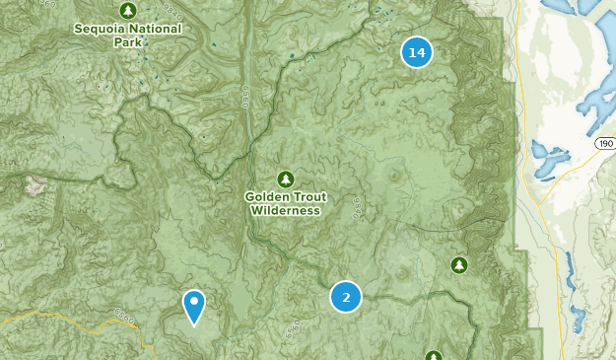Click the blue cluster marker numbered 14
click(x=417, y=52)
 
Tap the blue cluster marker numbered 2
click(x=345, y=296)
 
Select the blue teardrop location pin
click(x=195, y=306)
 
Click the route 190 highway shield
click(x=604, y=144)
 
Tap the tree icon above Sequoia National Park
click(x=128, y=10)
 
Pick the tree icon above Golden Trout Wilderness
click(x=285, y=179)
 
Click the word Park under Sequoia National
click(x=128, y=41)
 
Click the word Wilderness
click(x=285, y=210)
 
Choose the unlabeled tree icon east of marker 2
click(x=458, y=264)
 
